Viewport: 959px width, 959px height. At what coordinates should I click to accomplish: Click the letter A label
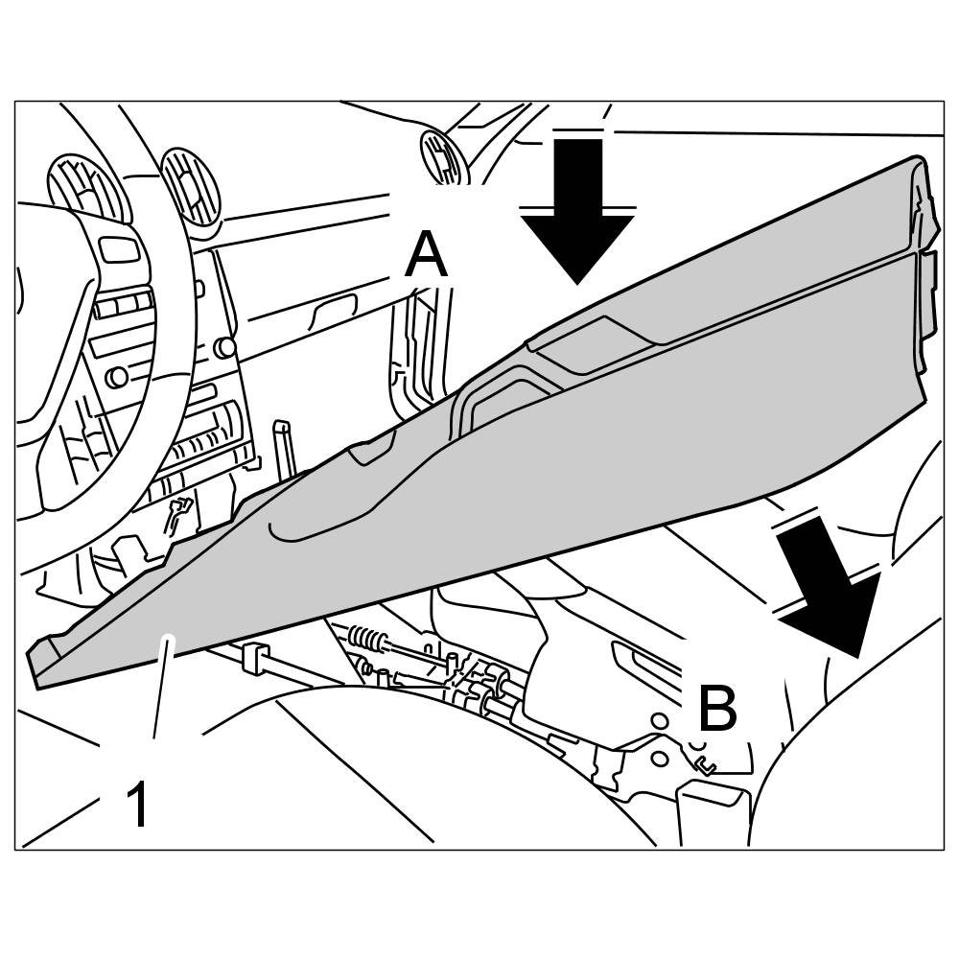tap(426, 256)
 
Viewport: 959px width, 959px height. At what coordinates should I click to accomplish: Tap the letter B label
tap(716, 711)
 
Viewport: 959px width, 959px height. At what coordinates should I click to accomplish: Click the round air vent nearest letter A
tap(444, 155)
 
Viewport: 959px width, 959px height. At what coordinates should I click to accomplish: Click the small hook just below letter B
tap(707, 764)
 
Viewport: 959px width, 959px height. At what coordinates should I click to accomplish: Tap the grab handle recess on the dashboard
tap(337, 308)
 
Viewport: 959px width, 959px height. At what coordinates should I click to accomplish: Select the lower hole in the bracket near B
tap(659, 758)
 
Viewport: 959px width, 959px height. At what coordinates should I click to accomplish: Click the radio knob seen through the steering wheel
tap(117, 376)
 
